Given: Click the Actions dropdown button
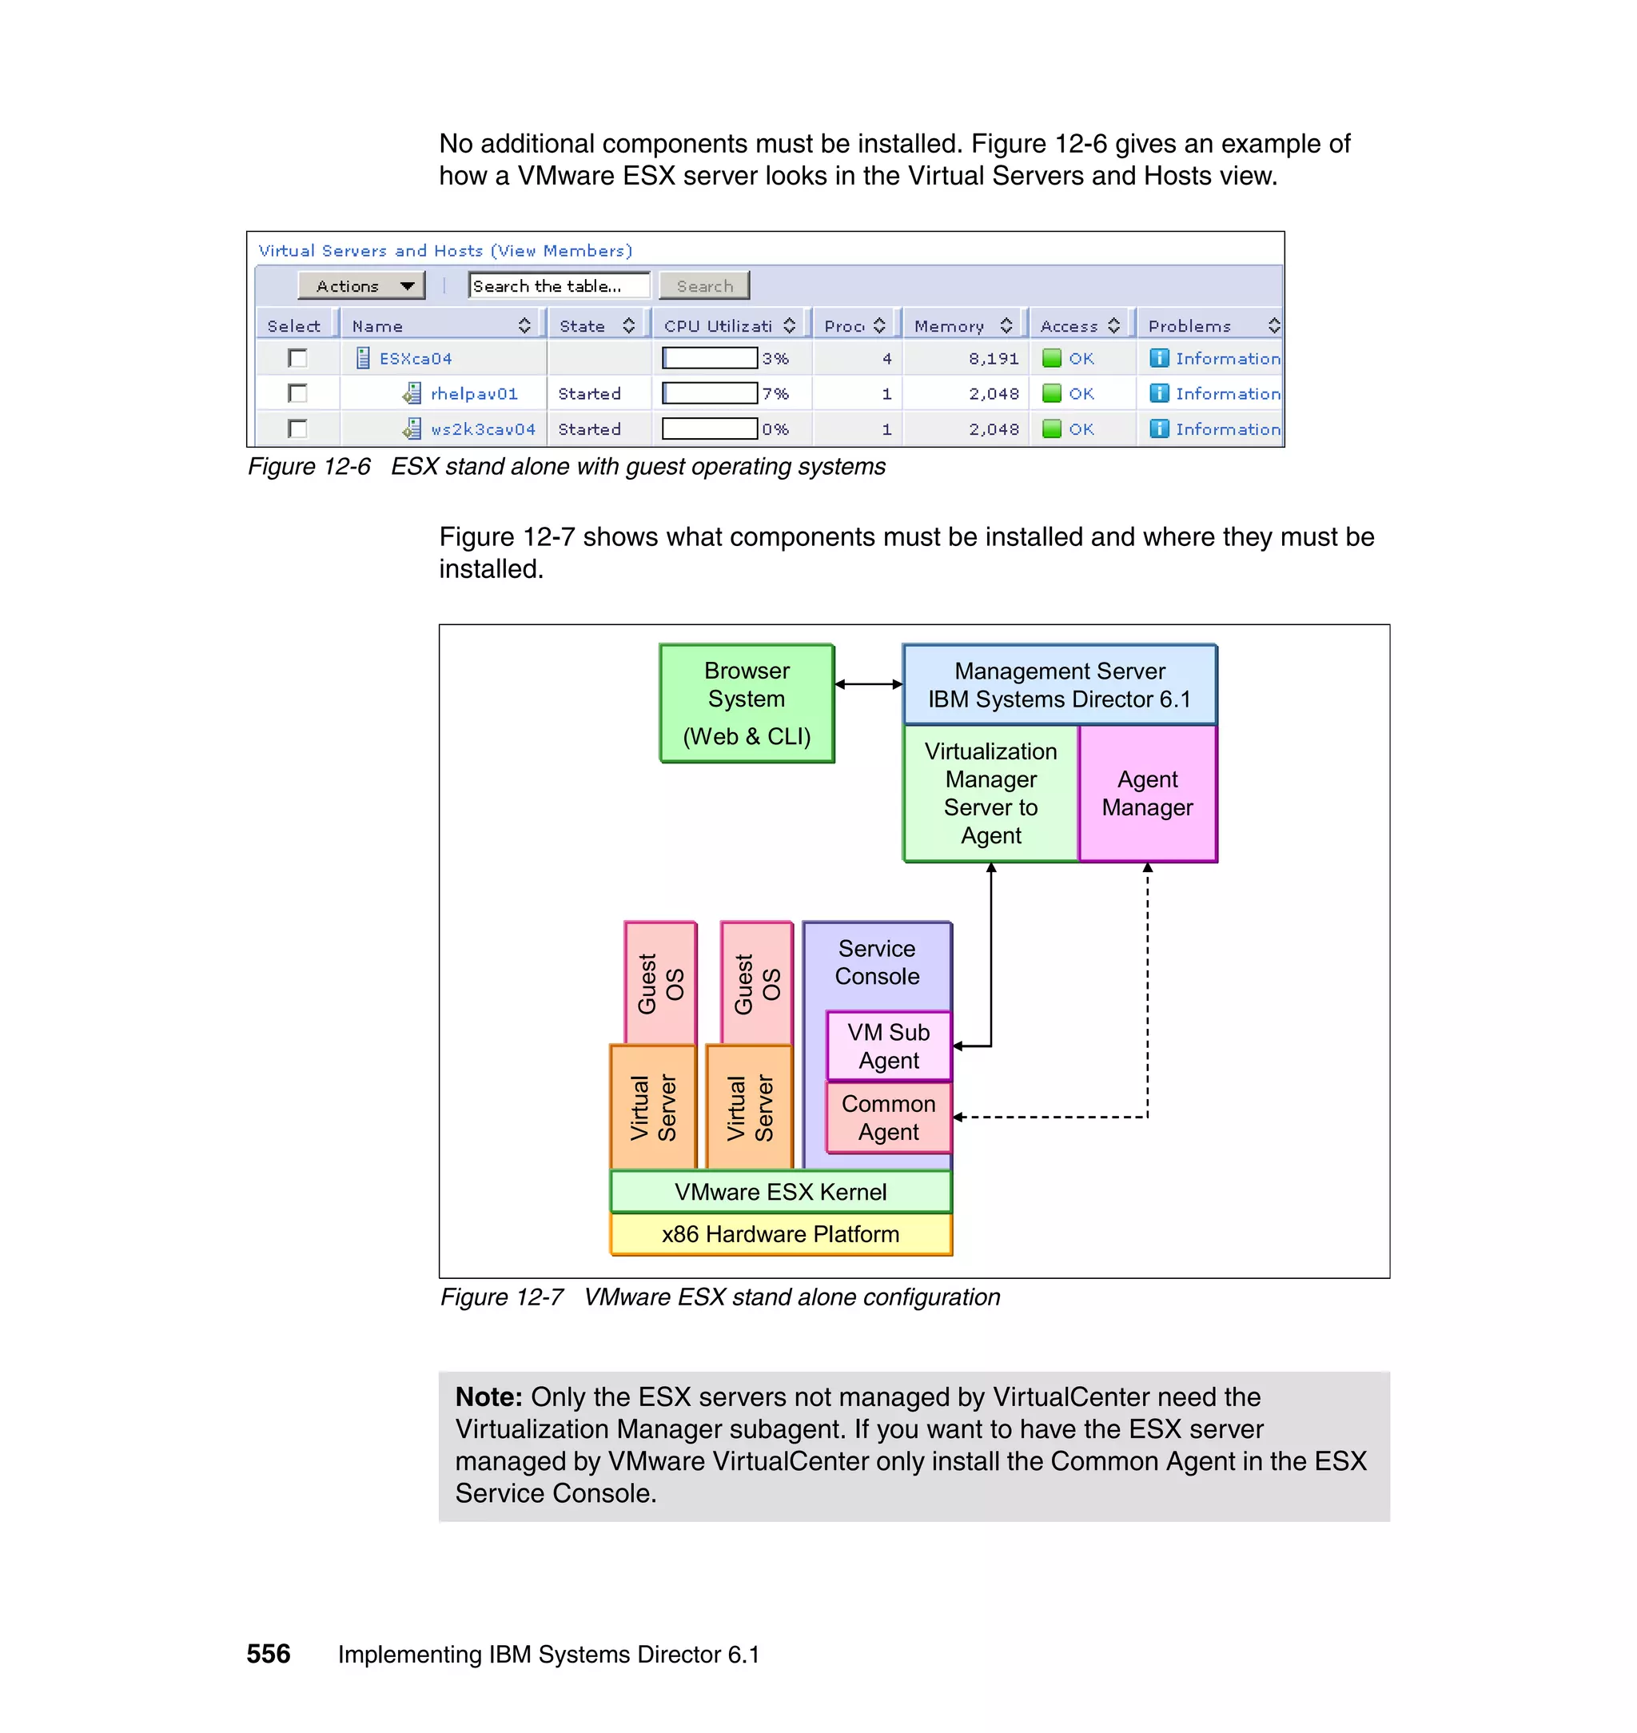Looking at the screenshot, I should click(x=361, y=285).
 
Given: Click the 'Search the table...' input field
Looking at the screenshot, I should click(x=559, y=285).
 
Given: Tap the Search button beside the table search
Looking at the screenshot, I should click(x=704, y=285).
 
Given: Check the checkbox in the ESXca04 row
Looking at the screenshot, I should click(x=297, y=358).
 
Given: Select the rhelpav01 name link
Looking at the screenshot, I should click(x=474, y=393).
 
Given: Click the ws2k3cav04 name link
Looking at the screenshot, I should click(x=483, y=429).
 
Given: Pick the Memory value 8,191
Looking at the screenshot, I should click(x=993, y=358).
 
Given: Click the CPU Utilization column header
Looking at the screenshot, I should click(x=718, y=325).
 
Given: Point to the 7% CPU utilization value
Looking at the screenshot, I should click(x=775, y=393).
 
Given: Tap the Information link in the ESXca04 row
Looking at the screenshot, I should click(x=1227, y=358).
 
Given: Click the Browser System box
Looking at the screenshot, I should click(x=747, y=703).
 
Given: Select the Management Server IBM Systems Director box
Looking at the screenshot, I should click(x=1059, y=685).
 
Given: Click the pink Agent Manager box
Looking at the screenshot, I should click(x=1148, y=793).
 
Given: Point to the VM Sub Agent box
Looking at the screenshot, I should click(x=888, y=1046).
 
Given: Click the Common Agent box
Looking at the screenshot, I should click(x=888, y=1117).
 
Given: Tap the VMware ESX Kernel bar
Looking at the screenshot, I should click(x=780, y=1192).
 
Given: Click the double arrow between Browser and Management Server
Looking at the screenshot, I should click(x=868, y=684).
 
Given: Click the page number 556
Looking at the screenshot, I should click(x=268, y=1654).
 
